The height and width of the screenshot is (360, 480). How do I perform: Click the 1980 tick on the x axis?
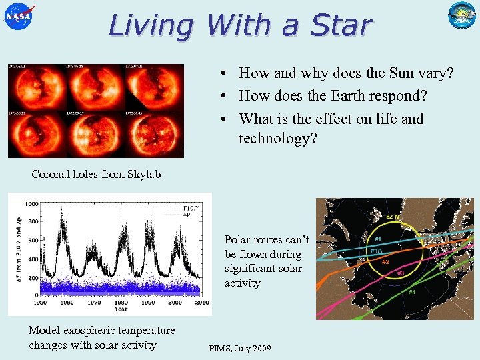pyautogui.click(x=115, y=302)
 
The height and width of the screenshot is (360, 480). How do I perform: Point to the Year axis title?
pyautogui.click(x=121, y=309)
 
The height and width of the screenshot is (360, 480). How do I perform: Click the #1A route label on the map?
pyautogui.click(x=377, y=251)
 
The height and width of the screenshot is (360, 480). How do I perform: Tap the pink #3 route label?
pyautogui.click(x=401, y=273)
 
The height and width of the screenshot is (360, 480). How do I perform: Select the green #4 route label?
pyautogui.click(x=411, y=292)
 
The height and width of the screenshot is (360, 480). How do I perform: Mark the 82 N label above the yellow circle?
pyautogui.click(x=393, y=216)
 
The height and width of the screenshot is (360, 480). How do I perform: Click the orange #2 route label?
pyautogui.click(x=385, y=262)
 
